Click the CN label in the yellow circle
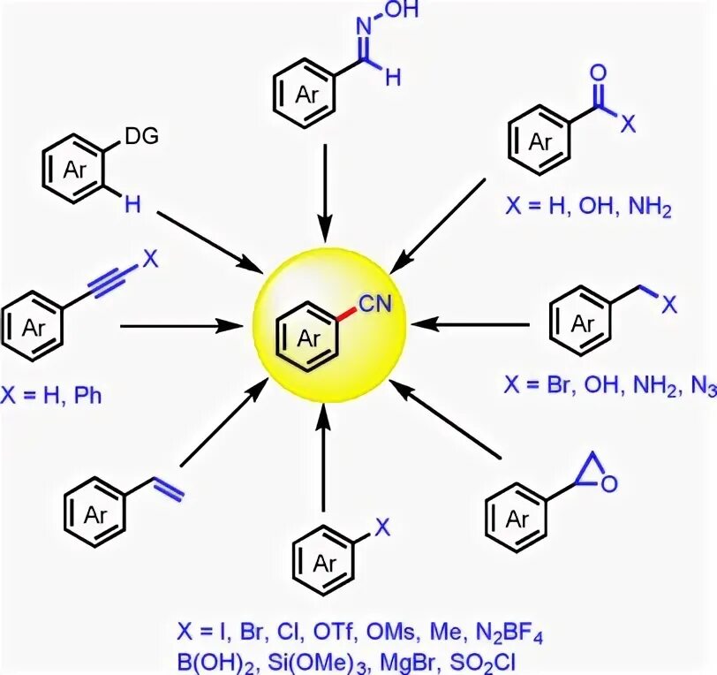click(x=374, y=305)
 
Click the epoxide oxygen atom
click(x=610, y=483)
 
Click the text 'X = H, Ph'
click(x=51, y=395)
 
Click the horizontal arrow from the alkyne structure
click(x=173, y=326)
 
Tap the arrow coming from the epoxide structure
click(x=446, y=420)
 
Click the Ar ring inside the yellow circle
click(x=308, y=337)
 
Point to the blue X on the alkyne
click(x=150, y=260)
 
